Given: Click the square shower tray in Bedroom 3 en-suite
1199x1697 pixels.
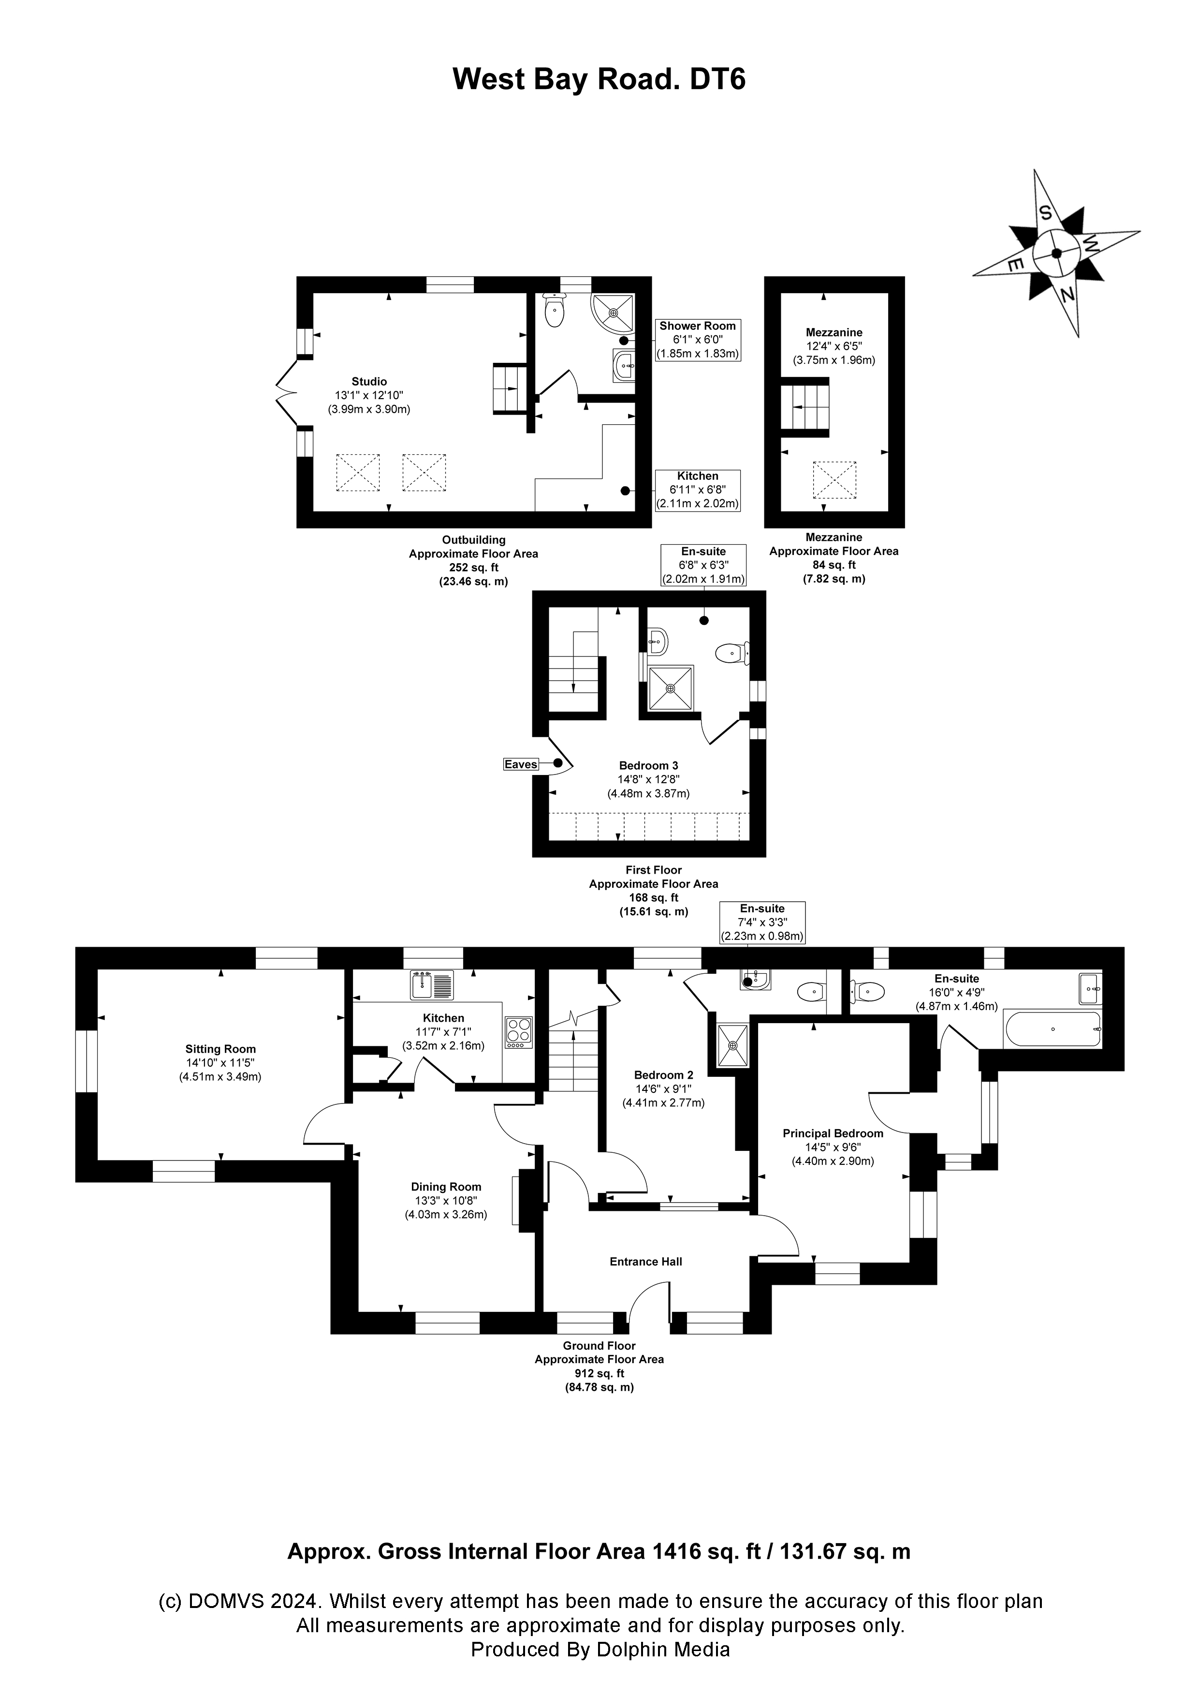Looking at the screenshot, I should coord(670,688).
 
